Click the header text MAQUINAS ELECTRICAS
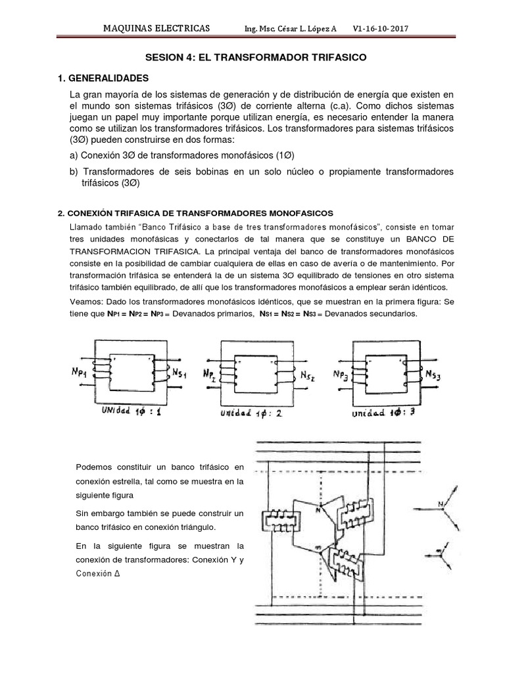(158, 29)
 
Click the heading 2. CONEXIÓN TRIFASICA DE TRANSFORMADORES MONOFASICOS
(196, 213)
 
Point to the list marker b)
(75, 171)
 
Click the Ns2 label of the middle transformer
(308, 376)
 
